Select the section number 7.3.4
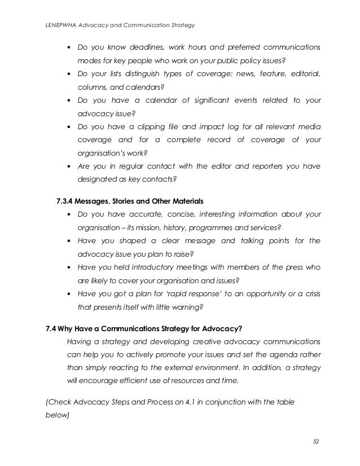(68, 200)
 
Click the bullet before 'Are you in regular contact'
(69, 166)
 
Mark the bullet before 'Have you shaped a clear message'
(69, 241)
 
